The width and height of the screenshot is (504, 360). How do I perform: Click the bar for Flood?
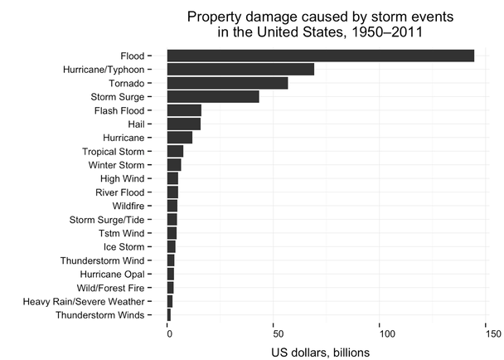point(320,56)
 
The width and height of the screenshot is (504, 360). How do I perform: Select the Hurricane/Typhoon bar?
point(240,69)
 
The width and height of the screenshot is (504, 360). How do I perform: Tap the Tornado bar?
point(227,83)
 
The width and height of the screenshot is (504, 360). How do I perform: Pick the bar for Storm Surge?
point(213,96)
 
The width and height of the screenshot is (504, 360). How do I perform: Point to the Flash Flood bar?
point(184,110)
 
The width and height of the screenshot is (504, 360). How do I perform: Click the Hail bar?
point(183,124)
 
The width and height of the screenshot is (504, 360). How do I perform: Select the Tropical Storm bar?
point(175,151)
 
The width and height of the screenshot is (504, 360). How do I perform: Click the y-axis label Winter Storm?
point(116,165)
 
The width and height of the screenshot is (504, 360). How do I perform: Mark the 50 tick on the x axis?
point(274,333)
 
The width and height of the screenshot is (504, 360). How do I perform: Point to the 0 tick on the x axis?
point(168,333)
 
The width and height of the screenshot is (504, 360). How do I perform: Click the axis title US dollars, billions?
point(320,352)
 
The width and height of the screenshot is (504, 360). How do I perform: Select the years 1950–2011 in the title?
point(383,32)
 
